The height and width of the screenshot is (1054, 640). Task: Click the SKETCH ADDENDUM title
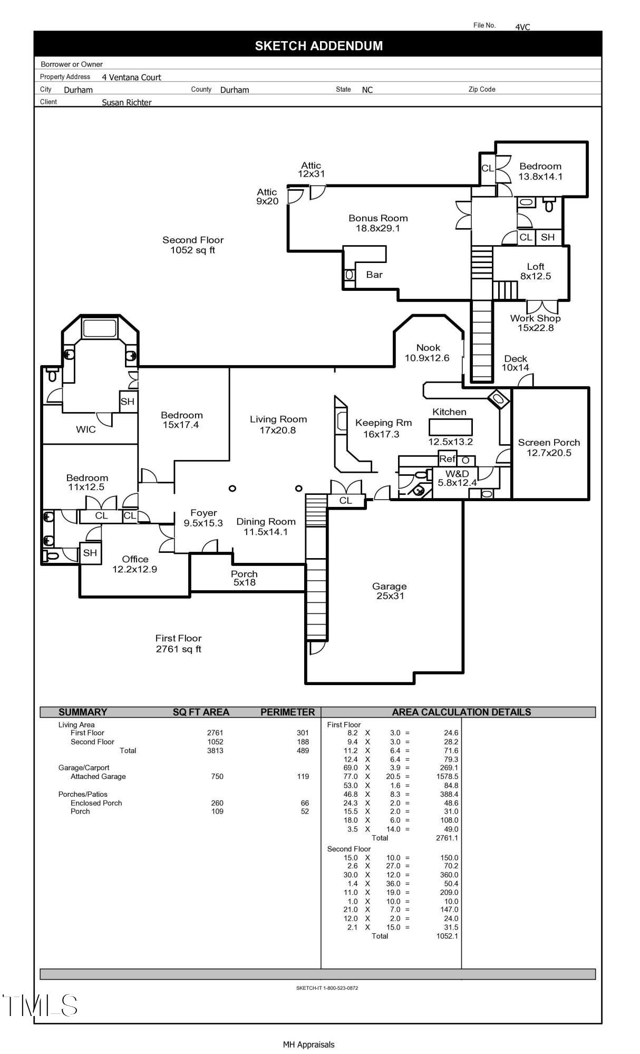[x=318, y=46]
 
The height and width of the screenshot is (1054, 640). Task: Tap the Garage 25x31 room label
[x=390, y=591]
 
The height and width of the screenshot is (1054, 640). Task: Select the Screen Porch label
[x=549, y=447]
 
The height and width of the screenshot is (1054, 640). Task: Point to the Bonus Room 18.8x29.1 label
[x=378, y=223]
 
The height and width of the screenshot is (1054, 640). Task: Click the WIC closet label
[x=86, y=430]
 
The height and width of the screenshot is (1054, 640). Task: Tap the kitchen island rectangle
[x=450, y=426]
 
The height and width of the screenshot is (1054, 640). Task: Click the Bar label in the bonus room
[x=374, y=275]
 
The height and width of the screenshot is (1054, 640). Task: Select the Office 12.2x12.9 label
[x=135, y=564]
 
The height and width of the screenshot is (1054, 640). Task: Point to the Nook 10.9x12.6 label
[x=428, y=353]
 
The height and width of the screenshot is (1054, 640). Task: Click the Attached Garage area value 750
[x=217, y=776]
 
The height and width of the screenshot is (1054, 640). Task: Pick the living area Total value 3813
[x=215, y=750]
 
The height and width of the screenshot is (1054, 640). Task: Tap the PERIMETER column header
[x=287, y=712]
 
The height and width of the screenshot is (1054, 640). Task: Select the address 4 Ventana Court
[x=131, y=77]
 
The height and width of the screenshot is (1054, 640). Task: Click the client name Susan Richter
[x=127, y=102]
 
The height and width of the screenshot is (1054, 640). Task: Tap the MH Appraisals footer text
[x=308, y=1045]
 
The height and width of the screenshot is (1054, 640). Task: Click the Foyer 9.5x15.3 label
[x=203, y=518]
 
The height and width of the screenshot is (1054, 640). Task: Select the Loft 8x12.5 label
[x=535, y=271]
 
